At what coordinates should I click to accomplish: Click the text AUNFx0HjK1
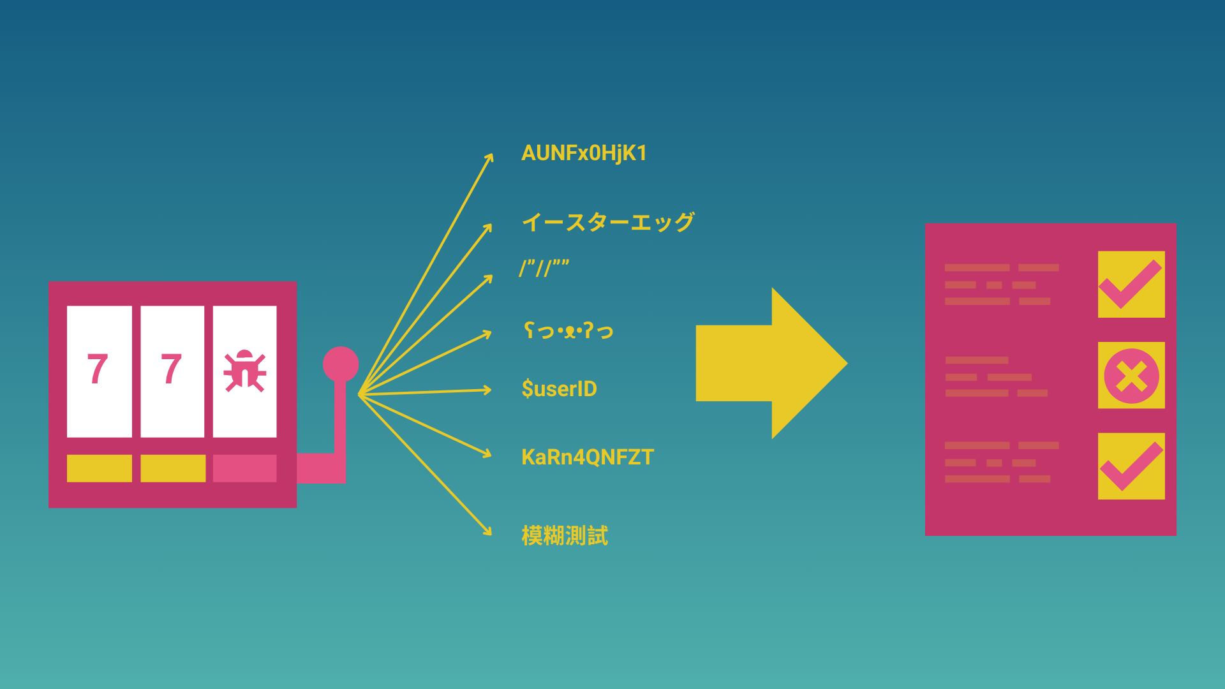(584, 153)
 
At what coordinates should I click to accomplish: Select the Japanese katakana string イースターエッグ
(608, 222)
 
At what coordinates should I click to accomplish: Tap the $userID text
(559, 389)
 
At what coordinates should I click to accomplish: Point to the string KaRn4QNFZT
(588, 457)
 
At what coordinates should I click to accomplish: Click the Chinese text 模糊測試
(565, 535)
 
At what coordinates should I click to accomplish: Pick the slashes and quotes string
(544, 267)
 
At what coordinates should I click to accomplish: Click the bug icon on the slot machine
(244, 370)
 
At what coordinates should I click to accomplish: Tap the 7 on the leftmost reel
(98, 369)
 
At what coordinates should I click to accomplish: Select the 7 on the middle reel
(171, 369)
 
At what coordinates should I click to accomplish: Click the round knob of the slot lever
(341, 364)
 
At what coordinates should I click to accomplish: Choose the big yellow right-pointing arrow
(771, 363)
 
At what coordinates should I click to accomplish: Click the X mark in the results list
(1131, 376)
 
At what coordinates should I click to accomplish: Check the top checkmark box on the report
(1131, 285)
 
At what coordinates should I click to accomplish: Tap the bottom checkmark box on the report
(1131, 466)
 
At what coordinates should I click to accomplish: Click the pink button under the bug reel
(244, 468)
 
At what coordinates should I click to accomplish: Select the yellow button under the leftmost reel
(100, 468)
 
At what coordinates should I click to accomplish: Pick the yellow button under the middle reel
(173, 468)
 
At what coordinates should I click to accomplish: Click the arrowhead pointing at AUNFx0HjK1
(490, 158)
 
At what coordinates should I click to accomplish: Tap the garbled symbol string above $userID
(568, 330)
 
